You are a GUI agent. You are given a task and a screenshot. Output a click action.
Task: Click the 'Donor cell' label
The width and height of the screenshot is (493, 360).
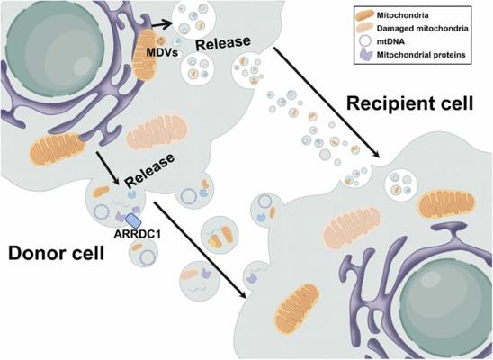pos(57,253)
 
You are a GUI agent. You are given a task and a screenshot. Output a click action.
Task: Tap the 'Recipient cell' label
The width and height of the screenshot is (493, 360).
pos(409,103)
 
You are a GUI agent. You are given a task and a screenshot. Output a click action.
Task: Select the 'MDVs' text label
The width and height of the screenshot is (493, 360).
pos(162,53)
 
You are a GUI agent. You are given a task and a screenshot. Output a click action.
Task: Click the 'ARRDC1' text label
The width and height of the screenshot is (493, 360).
pos(138,234)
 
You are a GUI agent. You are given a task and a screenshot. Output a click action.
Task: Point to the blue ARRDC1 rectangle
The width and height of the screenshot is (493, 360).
pos(132,220)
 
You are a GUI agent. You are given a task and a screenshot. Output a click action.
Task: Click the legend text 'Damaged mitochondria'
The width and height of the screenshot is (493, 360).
pos(423,28)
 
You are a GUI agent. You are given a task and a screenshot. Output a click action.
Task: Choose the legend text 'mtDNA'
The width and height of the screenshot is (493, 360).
pos(390,41)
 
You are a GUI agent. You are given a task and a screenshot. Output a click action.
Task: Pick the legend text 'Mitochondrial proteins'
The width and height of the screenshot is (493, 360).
pos(421,55)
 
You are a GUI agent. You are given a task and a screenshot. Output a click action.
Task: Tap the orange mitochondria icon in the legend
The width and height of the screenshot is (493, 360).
pos(364,15)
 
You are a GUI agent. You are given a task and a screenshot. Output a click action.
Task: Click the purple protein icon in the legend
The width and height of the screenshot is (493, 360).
pos(364,54)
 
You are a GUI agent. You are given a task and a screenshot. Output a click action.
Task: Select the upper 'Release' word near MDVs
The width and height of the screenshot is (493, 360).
pos(223,43)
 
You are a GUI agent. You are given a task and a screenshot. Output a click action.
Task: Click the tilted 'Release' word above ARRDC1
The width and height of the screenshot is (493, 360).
pos(149,170)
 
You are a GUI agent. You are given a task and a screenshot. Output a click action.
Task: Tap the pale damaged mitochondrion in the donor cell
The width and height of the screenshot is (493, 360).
pos(157,131)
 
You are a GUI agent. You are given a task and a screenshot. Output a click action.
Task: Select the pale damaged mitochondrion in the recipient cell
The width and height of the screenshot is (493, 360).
pos(352,225)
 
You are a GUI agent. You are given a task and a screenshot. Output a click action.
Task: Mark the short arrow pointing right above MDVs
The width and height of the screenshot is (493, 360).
pos(162,23)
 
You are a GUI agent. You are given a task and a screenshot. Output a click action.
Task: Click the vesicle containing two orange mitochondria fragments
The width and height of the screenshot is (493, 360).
pos(220,234)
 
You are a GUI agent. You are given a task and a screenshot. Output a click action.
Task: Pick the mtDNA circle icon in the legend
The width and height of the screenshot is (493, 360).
pos(365,41)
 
